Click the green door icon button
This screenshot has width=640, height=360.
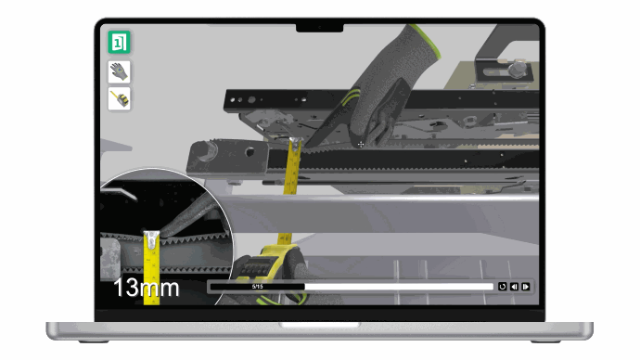(119, 42)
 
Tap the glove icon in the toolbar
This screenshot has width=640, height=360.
(119, 71)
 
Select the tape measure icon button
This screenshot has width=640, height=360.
(119, 98)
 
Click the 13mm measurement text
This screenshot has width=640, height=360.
(147, 288)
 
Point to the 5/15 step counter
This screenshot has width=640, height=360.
(258, 287)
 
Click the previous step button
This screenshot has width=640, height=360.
(514, 287)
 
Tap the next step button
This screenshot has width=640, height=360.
(526, 287)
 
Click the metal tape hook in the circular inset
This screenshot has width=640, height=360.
(151, 239)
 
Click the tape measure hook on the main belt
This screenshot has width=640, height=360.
(296, 144)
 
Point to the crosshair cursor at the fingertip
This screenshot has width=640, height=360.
(361, 144)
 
